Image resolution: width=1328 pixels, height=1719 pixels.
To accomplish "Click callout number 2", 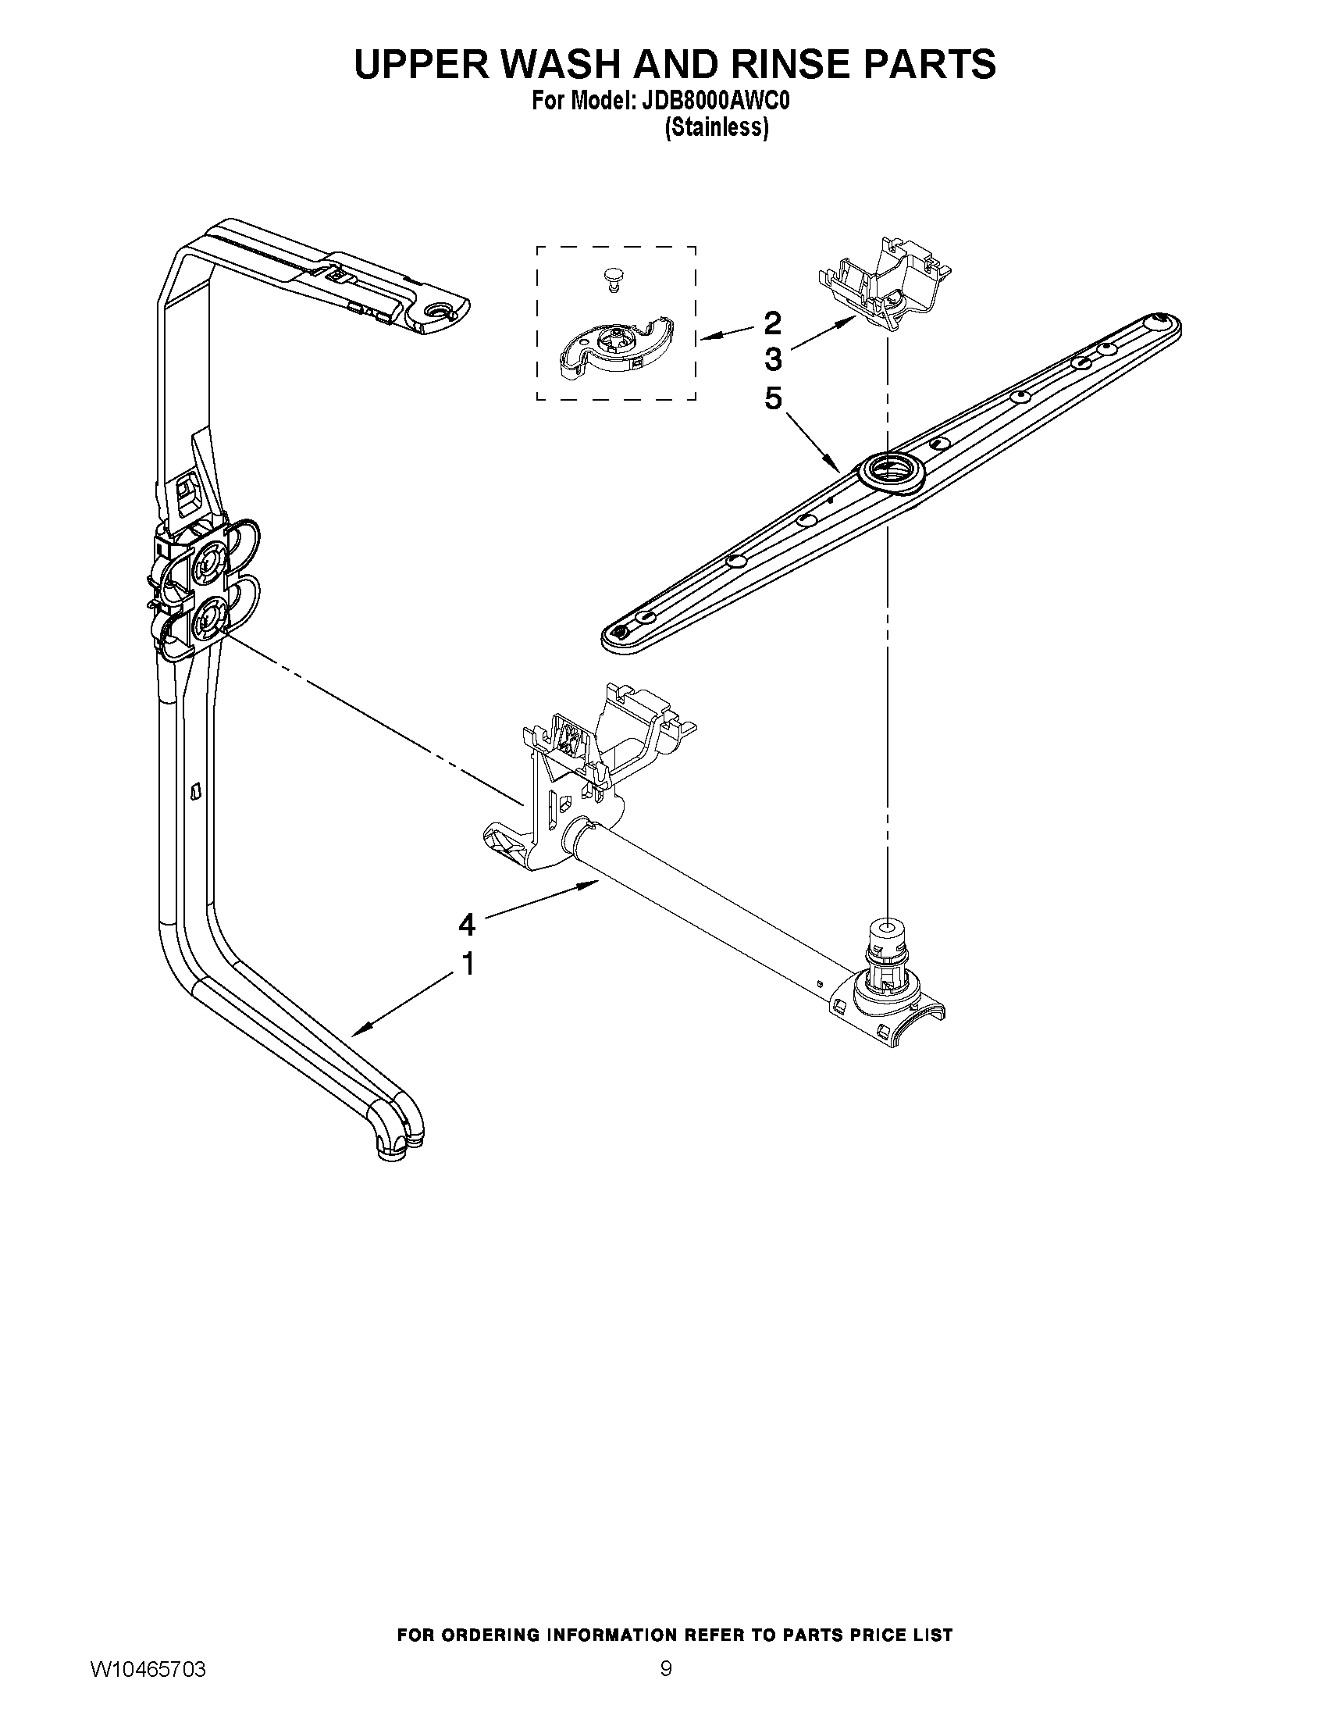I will pyautogui.click(x=773, y=323).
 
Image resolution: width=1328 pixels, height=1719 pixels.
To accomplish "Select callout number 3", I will pyautogui.click(x=773, y=360).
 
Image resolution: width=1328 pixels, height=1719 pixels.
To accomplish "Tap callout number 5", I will pyautogui.click(x=773, y=399).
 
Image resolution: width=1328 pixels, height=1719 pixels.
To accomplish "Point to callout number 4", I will pyautogui.click(x=468, y=925).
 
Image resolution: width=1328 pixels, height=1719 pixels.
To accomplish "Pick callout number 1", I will pyautogui.click(x=468, y=964).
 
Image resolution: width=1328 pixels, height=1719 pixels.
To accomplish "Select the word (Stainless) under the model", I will pyautogui.click(x=715, y=127).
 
